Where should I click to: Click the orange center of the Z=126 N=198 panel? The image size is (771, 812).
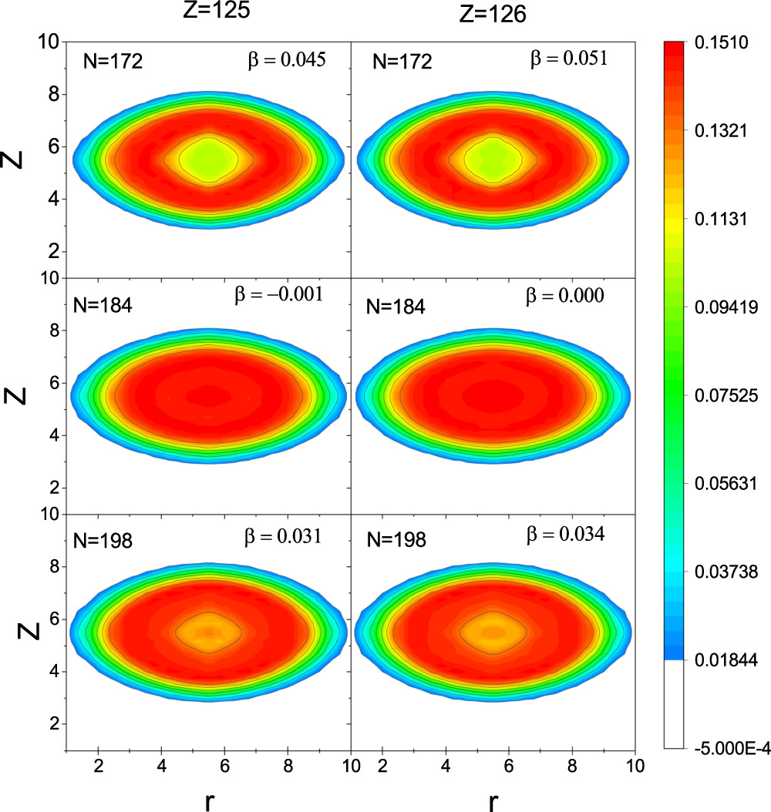(x=493, y=632)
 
